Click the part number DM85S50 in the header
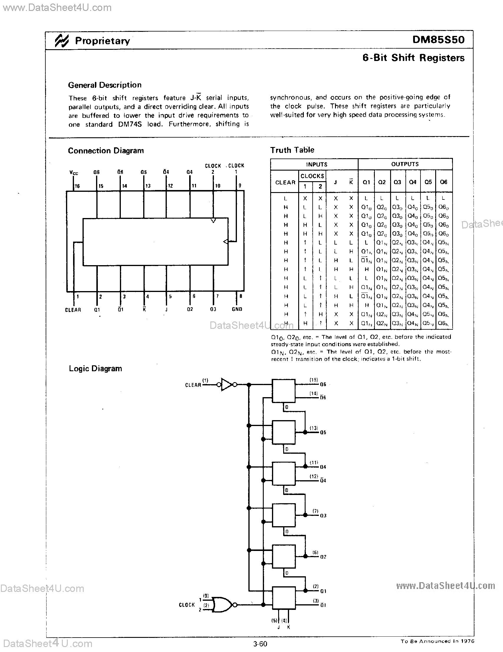click(x=438, y=40)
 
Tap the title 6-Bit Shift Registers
click(x=413, y=58)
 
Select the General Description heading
click(x=105, y=85)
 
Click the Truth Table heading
click(x=292, y=150)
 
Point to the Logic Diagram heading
click(x=95, y=368)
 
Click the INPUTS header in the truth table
click(x=316, y=164)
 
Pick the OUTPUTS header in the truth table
click(x=405, y=164)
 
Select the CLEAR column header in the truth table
click(x=285, y=182)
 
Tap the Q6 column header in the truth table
click(x=443, y=182)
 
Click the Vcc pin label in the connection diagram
click(x=74, y=173)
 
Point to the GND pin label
click(x=237, y=309)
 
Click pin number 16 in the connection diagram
click(x=77, y=186)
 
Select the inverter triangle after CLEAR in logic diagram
click(x=227, y=384)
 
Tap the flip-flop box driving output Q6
click(x=283, y=390)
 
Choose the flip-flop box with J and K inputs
click(x=283, y=598)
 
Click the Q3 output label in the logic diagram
click(x=323, y=516)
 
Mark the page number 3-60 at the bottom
click(x=260, y=644)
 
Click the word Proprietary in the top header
click(x=102, y=41)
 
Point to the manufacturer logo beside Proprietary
click(x=62, y=40)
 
